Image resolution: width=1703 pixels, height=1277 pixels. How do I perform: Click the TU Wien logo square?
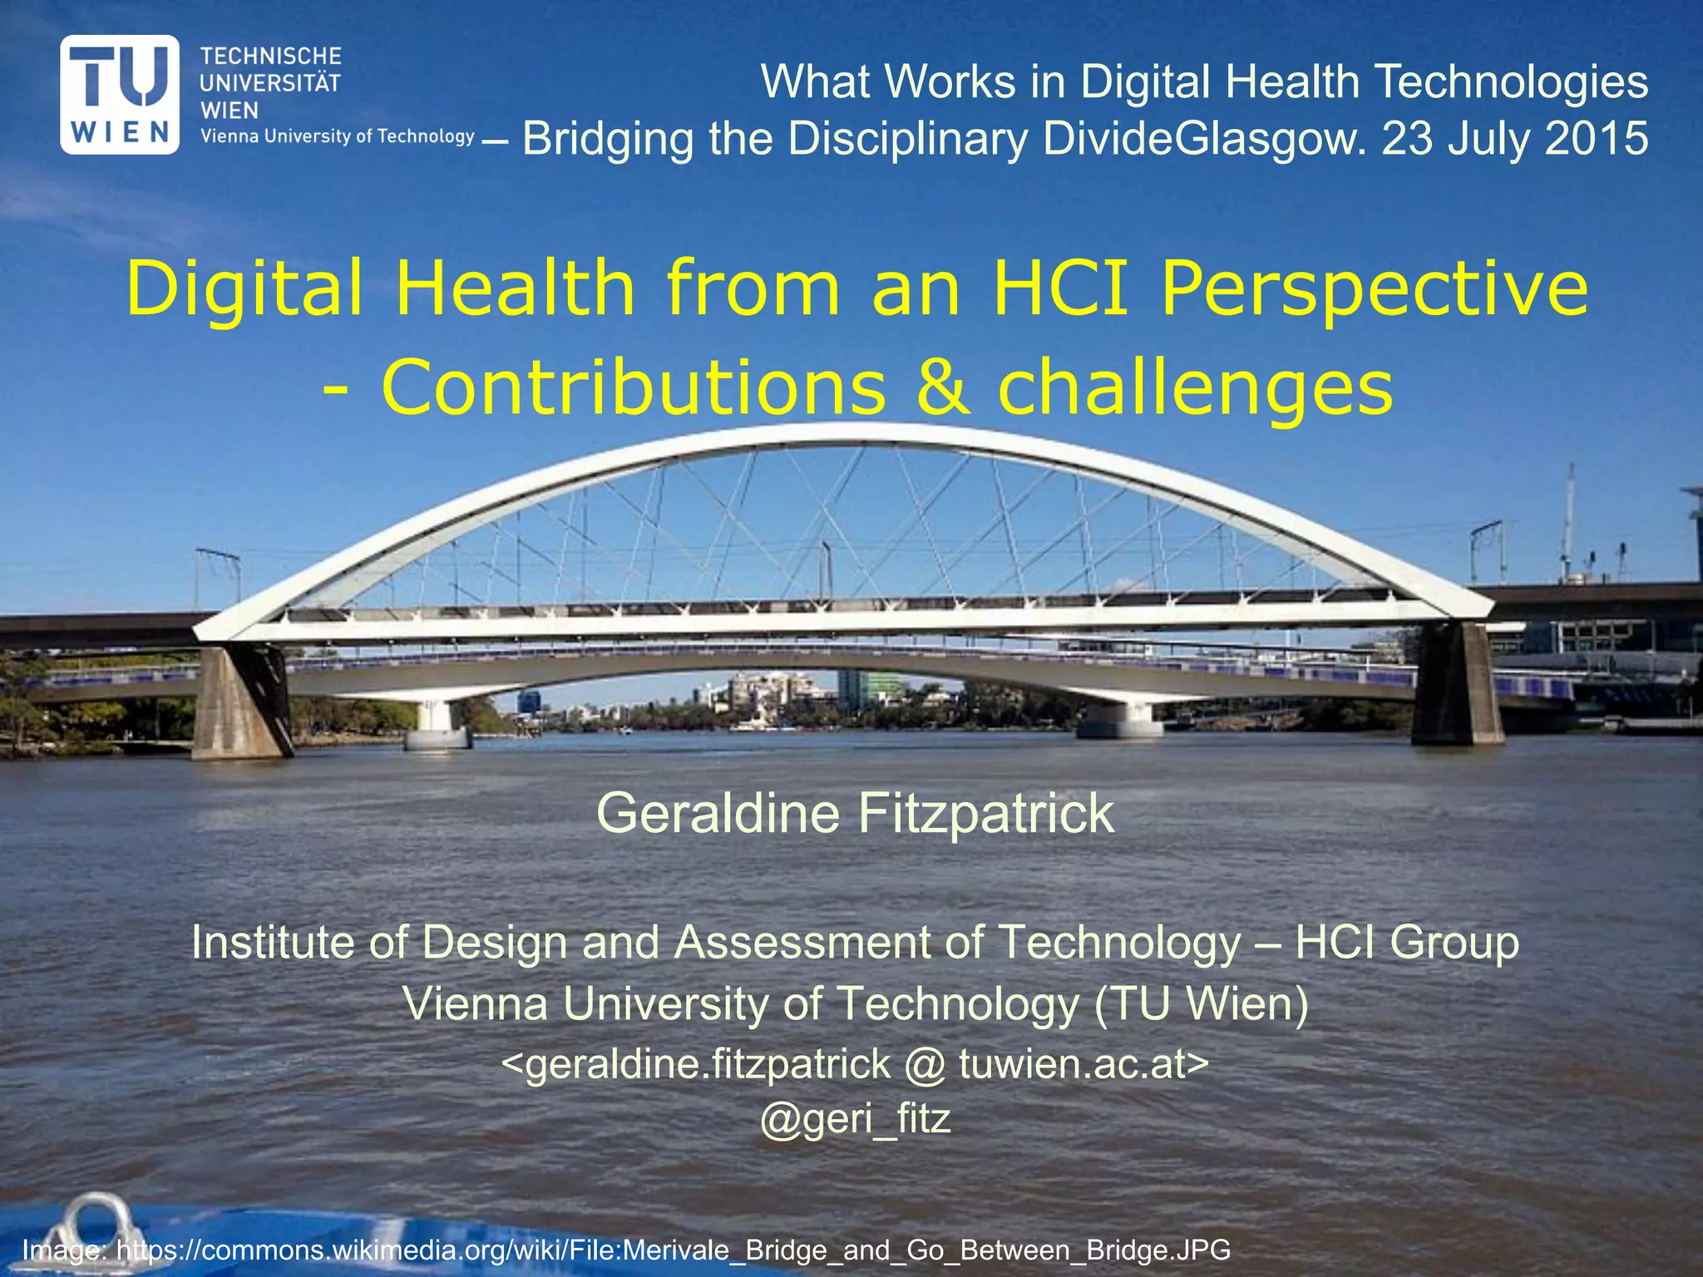point(120,94)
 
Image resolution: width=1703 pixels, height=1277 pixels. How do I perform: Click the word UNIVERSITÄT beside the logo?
point(270,83)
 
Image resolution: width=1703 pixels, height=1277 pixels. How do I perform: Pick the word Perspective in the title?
point(1374,289)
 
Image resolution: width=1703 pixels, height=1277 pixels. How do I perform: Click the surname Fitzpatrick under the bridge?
point(985,813)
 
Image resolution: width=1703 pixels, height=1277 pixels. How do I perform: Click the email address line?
point(855,1063)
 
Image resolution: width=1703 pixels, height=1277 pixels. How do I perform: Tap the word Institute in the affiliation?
point(274,942)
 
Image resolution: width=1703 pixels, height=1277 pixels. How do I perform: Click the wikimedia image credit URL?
point(673,1250)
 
